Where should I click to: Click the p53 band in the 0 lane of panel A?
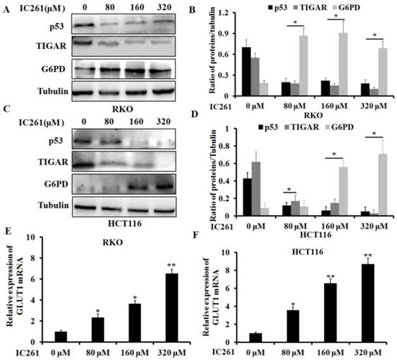coord(84,26)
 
